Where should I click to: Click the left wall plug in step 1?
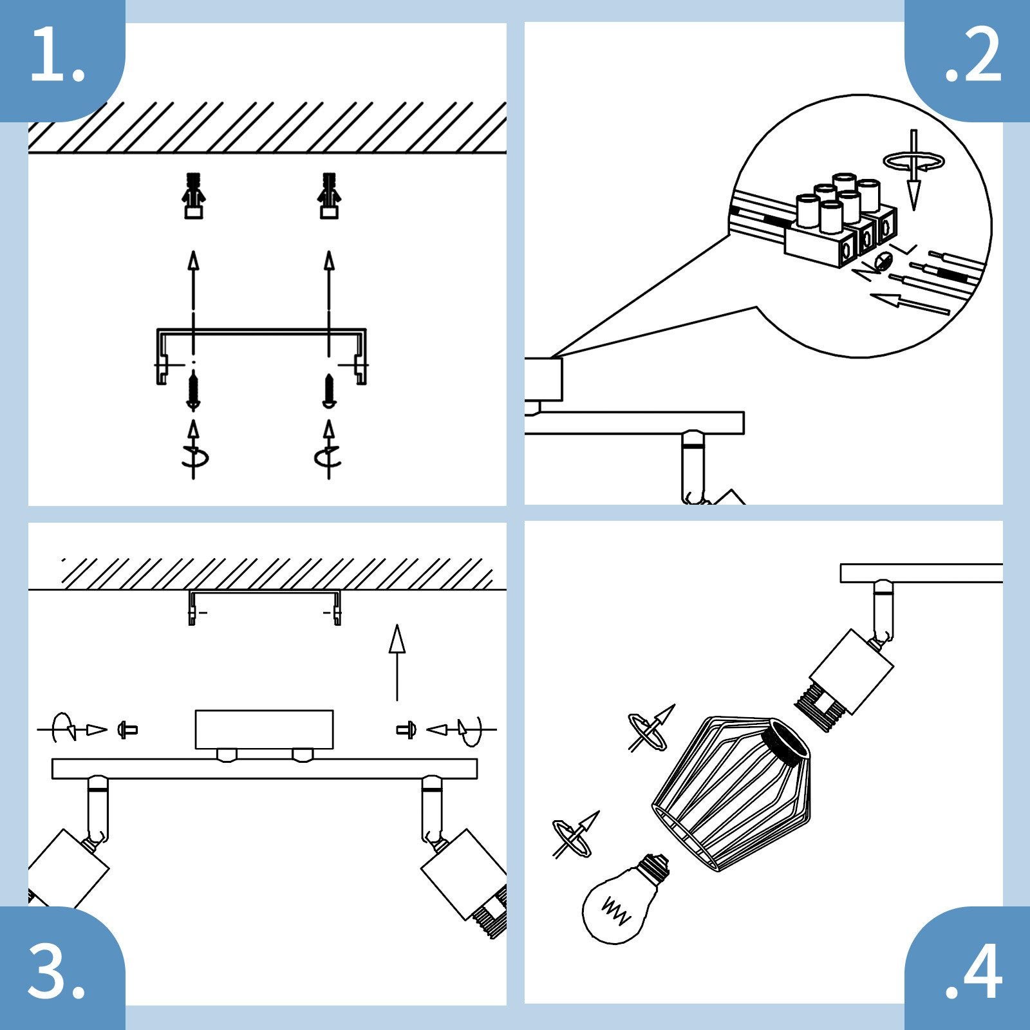point(193,196)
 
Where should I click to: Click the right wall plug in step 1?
point(329,196)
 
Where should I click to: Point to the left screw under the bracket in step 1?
point(192,392)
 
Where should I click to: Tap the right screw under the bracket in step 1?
point(329,391)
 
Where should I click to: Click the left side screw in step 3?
point(127,730)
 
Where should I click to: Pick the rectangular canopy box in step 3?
point(264,729)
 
